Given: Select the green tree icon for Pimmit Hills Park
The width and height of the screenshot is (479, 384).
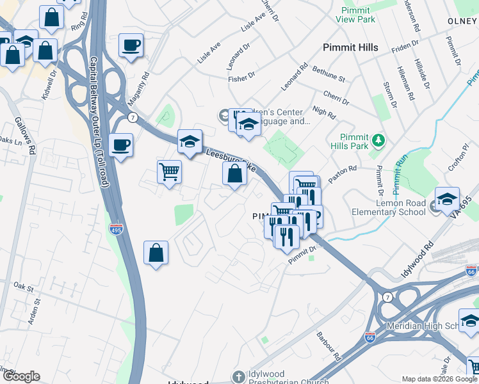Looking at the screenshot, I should coord(378,139).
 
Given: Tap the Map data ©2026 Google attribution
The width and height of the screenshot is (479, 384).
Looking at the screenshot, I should coord(439,379).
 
